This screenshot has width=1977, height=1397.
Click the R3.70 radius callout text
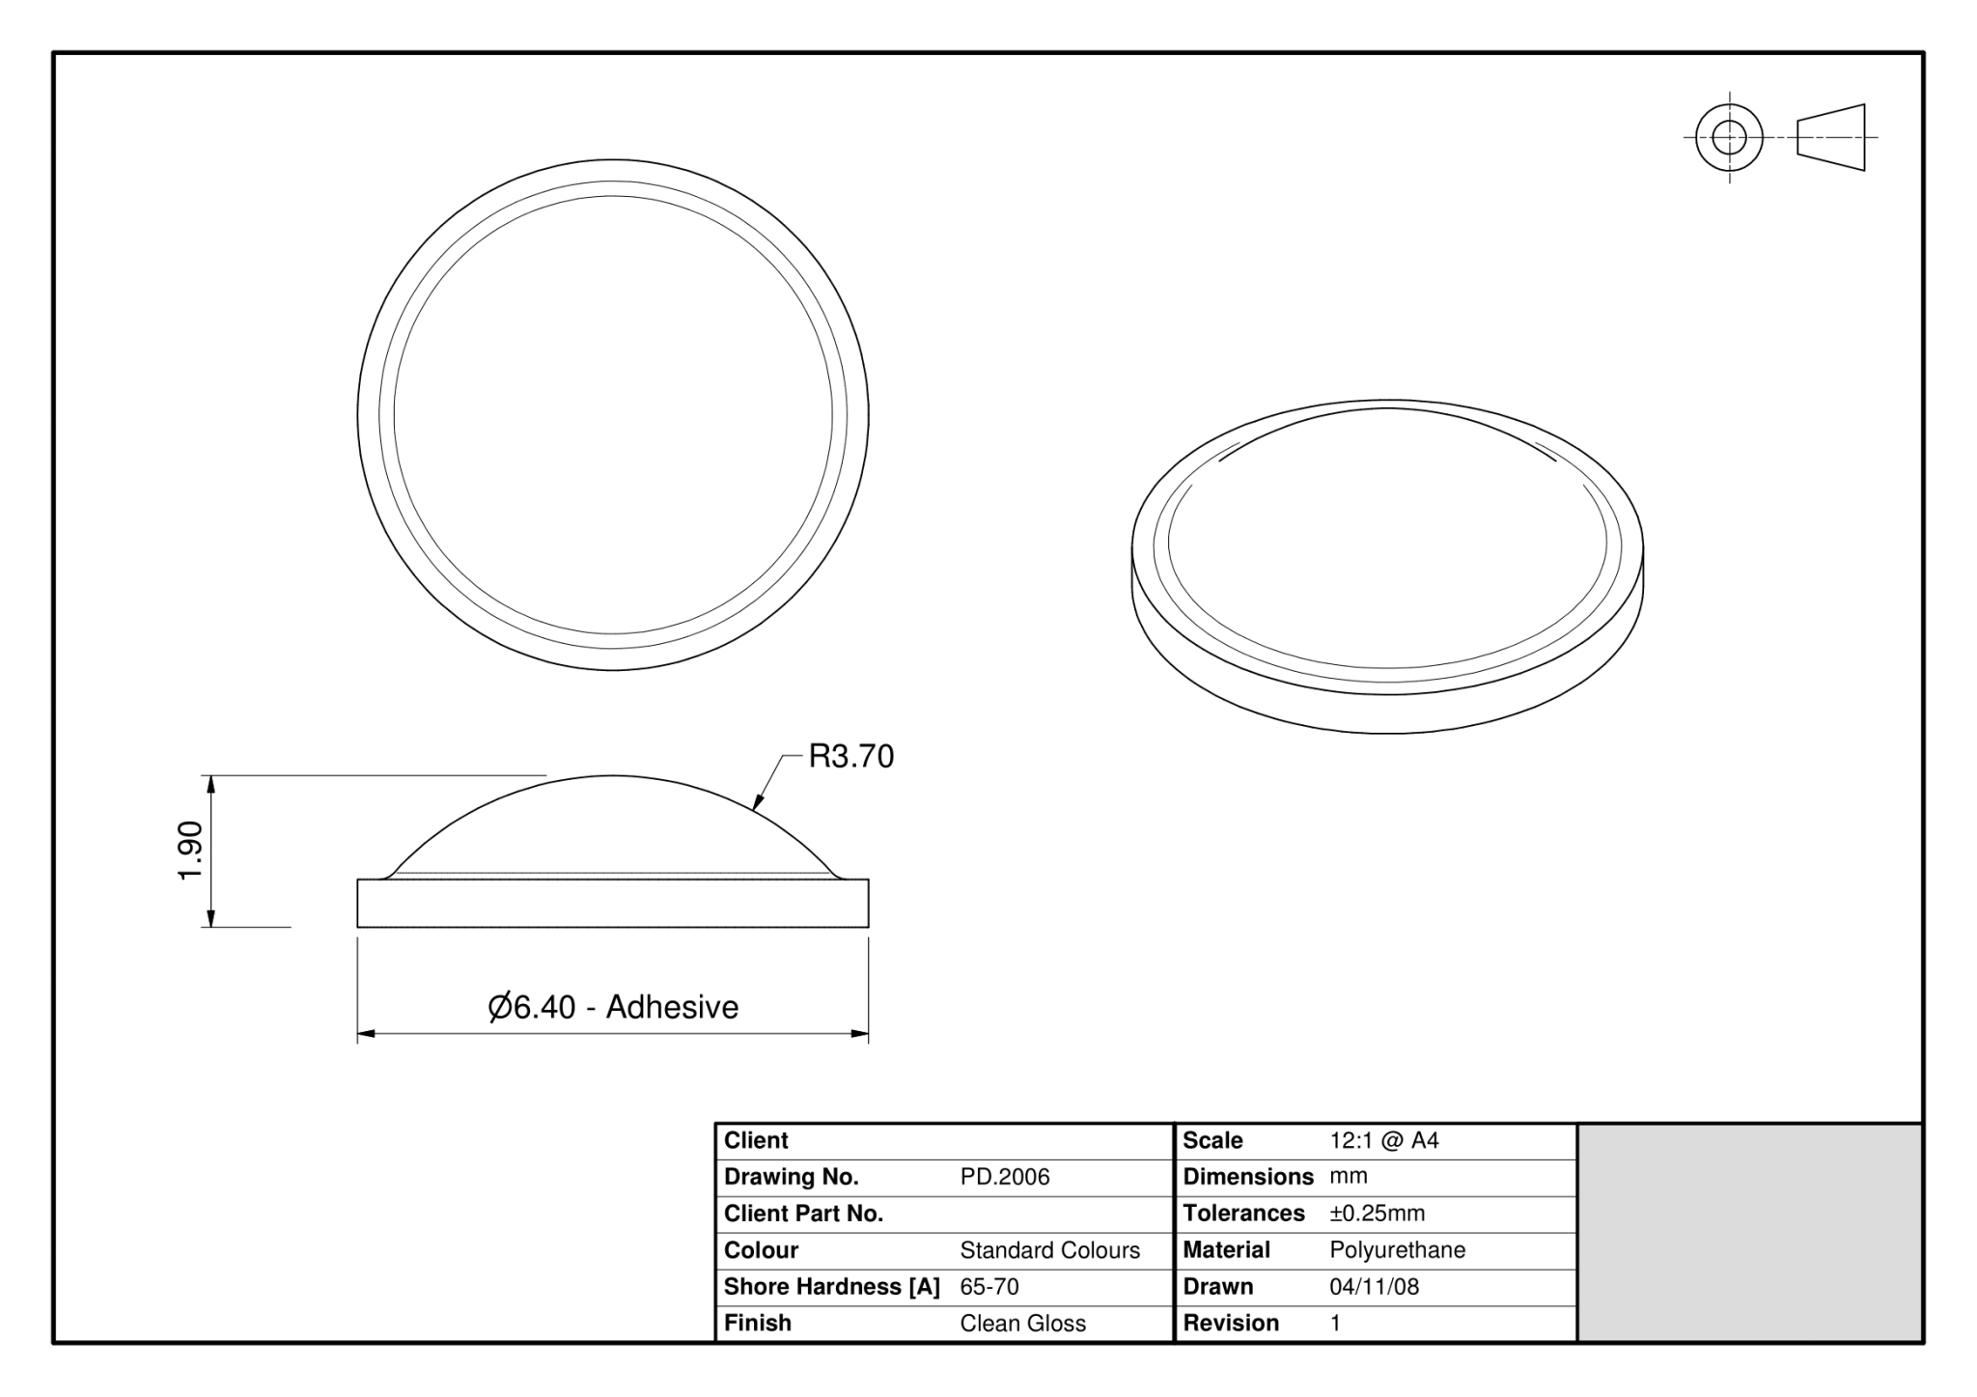click(850, 756)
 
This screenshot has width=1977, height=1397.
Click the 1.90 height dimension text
click(191, 850)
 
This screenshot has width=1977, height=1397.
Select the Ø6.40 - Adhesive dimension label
click(613, 1007)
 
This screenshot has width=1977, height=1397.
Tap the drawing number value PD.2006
click(1004, 1177)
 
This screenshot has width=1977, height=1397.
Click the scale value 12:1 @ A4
click(1383, 1140)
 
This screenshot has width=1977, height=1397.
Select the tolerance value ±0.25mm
click(1377, 1214)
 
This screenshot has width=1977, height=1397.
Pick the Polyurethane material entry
click(1397, 1250)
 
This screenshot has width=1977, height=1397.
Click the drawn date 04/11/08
click(1374, 1287)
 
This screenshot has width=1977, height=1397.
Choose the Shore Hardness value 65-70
click(988, 1287)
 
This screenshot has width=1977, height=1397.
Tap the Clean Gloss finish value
click(1022, 1324)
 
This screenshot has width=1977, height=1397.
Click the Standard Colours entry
click(1049, 1250)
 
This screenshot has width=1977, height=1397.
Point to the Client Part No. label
click(803, 1214)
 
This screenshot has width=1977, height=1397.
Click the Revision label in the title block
click(1230, 1324)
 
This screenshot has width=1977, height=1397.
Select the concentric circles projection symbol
click(1729, 137)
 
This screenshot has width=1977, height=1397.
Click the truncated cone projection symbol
click(1831, 137)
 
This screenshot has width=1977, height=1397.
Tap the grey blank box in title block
click(1749, 1233)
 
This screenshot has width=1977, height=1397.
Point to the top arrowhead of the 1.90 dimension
click(211, 783)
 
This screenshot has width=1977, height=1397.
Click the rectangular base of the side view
click(613, 904)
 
